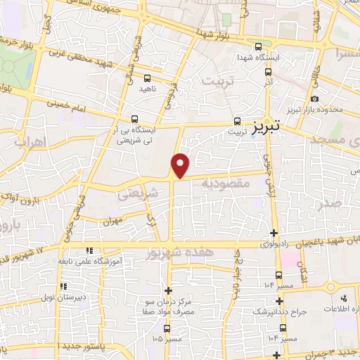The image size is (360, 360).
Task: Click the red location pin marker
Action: point(181,165)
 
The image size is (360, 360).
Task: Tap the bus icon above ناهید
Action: point(147,78)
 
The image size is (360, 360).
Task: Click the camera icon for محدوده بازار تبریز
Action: point(314,98)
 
